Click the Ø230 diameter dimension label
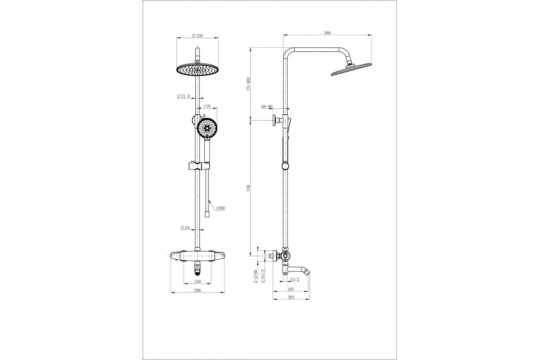click(x=197, y=36)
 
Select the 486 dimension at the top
click(x=328, y=33)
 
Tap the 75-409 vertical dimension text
click(x=248, y=84)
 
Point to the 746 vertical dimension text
click(x=248, y=188)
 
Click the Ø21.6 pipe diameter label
click(x=184, y=96)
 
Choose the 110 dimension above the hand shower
click(x=207, y=106)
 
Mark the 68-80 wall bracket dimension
click(x=267, y=106)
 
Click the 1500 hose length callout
click(x=220, y=208)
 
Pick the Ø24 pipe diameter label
click(x=185, y=227)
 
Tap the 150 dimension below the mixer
click(x=198, y=281)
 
